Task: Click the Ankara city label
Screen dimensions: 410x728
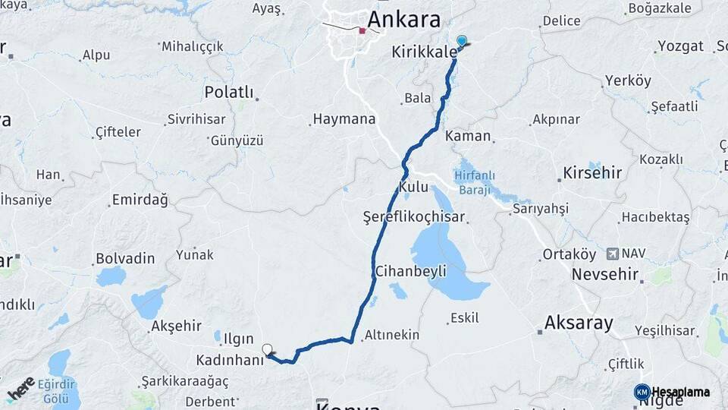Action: [x=403, y=18]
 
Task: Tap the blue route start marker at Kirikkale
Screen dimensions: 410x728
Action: [x=461, y=41]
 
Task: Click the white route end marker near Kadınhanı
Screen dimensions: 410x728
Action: [x=267, y=350]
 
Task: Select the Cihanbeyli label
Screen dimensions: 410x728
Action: [x=409, y=271]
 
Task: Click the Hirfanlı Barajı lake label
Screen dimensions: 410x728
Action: [x=474, y=181]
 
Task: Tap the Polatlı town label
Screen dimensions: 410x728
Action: [x=228, y=92]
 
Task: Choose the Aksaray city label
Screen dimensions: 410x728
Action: [x=578, y=323]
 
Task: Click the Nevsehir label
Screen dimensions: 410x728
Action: [x=604, y=273]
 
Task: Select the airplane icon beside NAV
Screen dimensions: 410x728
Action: [x=613, y=253]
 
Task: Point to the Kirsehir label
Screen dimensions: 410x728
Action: [x=591, y=173]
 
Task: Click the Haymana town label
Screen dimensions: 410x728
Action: [x=344, y=120]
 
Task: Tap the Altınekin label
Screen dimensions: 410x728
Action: [x=391, y=334]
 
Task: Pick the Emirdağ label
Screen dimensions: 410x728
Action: [x=140, y=200]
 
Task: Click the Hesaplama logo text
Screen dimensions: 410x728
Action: [x=680, y=393]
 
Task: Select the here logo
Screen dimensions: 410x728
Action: [x=21, y=388]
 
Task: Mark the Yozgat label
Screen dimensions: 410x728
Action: [x=680, y=46]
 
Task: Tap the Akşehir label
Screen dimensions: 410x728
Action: [x=176, y=326]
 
